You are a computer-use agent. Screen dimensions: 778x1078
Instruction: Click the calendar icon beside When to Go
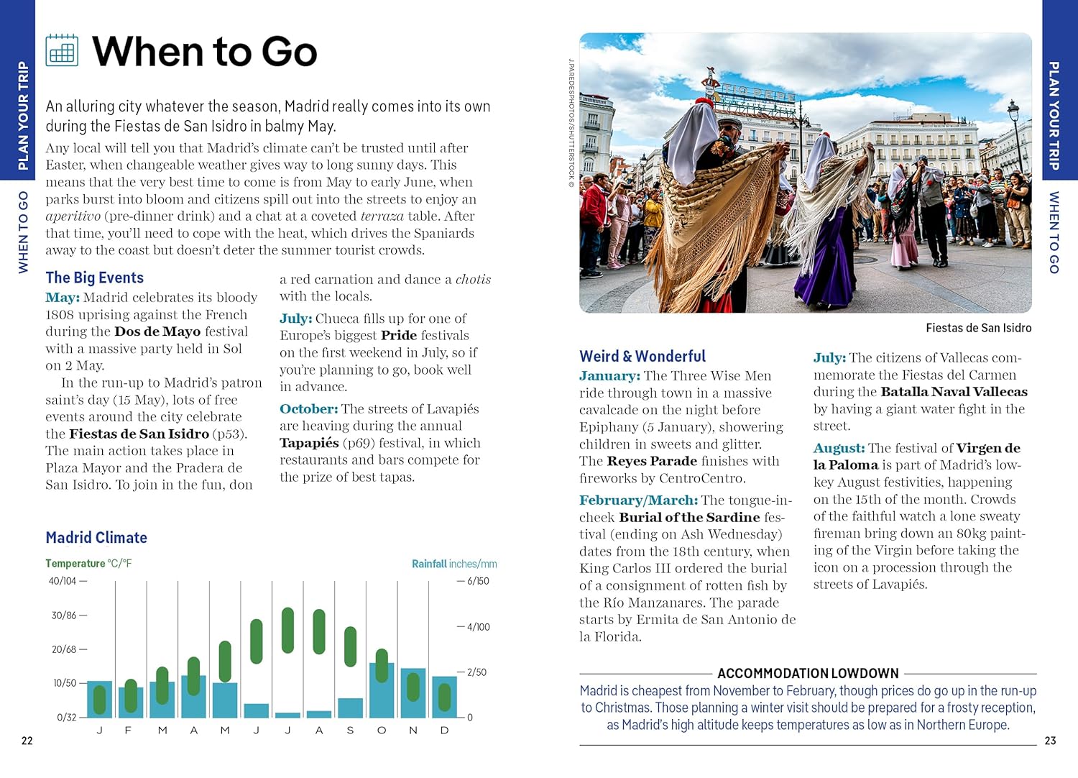[x=62, y=50]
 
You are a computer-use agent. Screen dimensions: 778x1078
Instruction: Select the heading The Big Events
[x=94, y=278]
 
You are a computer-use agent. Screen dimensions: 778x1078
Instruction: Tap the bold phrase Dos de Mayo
[x=157, y=331]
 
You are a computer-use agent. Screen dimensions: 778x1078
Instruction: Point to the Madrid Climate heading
[x=96, y=537]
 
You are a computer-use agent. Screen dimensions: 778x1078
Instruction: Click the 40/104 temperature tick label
[x=63, y=581]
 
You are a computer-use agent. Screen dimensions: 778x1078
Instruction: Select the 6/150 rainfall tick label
[x=478, y=581]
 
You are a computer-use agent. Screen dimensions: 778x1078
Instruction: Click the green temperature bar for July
[x=287, y=630]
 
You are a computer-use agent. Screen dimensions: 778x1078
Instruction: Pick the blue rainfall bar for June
[x=257, y=710]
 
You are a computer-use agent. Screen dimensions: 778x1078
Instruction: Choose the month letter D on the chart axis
[x=444, y=731]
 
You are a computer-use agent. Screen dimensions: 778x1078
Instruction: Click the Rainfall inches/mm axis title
[x=454, y=564]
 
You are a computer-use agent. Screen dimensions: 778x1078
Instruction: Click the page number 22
[x=27, y=741]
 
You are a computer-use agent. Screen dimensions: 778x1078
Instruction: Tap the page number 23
[x=1050, y=741]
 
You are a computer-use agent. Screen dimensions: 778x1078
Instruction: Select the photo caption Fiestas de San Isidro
[x=978, y=328]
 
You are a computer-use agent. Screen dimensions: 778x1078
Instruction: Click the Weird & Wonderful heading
[x=642, y=356]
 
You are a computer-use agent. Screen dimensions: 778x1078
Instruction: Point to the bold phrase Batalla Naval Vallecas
[x=954, y=392]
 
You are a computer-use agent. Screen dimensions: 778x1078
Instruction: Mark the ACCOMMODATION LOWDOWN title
[x=808, y=673]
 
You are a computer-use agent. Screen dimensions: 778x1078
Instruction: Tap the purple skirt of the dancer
[x=819, y=259]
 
